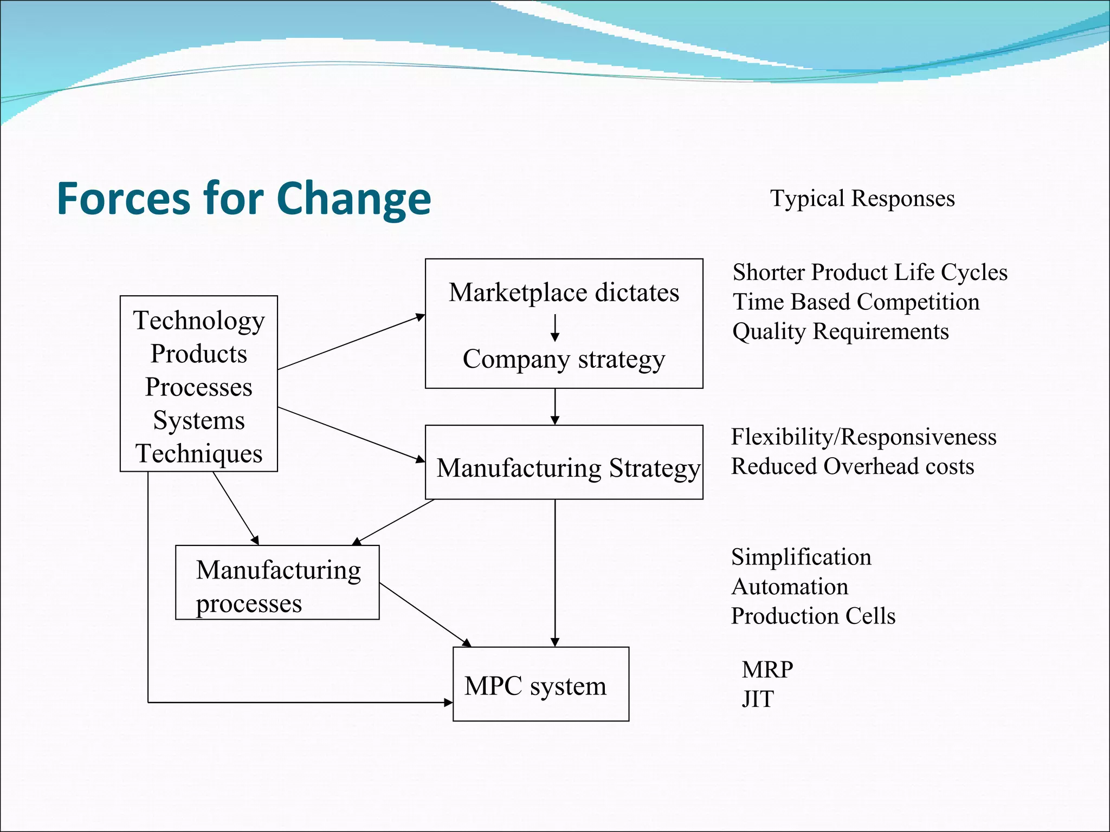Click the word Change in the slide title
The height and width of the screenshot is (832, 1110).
point(353,199)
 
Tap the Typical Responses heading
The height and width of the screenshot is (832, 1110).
point(862,198)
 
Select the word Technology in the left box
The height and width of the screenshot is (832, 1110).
point(199,320)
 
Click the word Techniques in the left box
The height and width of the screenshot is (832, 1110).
point(199,453)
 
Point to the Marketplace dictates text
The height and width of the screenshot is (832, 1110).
point(564,292)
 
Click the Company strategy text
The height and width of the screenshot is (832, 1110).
point(564,359)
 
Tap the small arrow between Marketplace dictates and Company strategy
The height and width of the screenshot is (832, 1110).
point(555,327)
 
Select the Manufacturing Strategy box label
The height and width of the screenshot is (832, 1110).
point(568,468)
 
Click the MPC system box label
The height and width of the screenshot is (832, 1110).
point(535,686)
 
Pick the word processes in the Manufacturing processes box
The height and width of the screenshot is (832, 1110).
point(249,603)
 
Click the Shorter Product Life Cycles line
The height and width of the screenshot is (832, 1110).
point(870,272)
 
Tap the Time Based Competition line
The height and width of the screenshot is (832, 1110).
point(856,302)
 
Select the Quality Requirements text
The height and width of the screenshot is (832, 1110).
point(841,331)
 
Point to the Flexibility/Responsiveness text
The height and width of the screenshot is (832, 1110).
point(863,437)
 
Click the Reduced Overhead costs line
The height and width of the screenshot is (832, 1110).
point(853,466)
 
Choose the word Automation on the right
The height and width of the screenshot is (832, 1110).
point(790,587)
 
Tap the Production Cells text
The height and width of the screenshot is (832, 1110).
point(813,616)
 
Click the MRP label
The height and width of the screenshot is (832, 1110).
point(767,670)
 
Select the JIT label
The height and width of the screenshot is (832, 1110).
point(758,699)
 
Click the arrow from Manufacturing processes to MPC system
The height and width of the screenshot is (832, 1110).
point(425,615)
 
